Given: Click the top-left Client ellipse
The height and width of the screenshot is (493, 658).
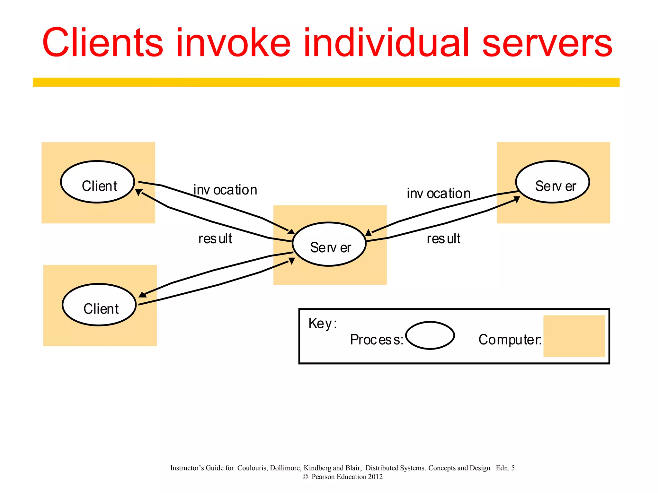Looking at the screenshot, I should (97, 182).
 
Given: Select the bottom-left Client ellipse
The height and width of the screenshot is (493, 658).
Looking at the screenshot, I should (99, 305).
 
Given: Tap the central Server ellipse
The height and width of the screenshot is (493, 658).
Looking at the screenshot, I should (329, 244).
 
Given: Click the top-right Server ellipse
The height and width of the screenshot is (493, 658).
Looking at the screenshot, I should (552, 182).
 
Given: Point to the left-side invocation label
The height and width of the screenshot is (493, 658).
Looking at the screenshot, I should (225, 190).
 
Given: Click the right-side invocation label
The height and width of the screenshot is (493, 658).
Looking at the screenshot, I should (439, 194).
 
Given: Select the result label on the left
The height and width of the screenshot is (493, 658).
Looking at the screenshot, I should (215, 238).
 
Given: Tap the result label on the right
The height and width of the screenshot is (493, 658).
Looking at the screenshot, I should (443, 238).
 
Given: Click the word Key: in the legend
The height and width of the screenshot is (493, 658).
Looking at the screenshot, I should (323, 323).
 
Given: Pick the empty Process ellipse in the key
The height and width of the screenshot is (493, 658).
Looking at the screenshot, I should (430, 335).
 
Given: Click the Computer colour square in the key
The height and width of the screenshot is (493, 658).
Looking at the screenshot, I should (574, 336).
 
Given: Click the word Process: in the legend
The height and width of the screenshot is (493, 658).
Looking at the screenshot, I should (376, 340).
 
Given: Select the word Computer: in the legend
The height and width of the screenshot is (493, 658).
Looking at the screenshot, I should (510, 340).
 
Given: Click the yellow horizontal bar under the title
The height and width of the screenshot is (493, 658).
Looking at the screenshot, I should (326, 82).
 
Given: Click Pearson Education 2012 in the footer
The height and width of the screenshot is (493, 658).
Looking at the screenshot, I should (347, 477).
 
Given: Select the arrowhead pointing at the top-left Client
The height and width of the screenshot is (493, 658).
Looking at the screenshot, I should (138, 192).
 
